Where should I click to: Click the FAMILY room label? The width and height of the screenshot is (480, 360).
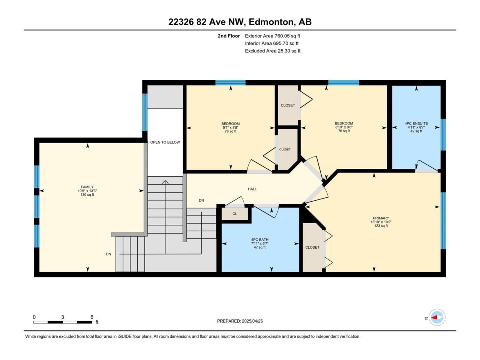(x=87, y=187)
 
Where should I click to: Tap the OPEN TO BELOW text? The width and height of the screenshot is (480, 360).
(x=165, y=142)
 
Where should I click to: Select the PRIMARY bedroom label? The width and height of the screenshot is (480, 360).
(x=381, y=218)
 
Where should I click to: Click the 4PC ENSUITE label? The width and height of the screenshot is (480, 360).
(x=416, y=123)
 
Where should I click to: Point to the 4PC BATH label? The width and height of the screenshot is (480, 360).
(x=259, y=240)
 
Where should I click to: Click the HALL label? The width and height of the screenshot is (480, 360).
(x=252, y=189)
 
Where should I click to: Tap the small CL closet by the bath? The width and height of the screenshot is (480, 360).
(x=235, y=213)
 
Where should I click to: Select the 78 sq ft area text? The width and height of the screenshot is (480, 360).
(x=230, y=131)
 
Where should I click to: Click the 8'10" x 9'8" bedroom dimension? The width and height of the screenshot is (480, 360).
(x=343, y=127)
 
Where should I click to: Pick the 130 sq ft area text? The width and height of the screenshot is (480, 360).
(x=87, y=195)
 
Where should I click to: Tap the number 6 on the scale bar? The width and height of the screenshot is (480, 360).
(x=92, y=317)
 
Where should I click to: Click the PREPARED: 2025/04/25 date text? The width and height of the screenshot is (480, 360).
(x=240, y=321)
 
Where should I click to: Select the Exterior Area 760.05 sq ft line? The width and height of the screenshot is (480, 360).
(x=273, y=36)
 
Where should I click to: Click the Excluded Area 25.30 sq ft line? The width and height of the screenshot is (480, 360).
(x=273, y=51)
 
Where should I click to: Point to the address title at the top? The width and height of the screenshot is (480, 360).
(x=240, y=22)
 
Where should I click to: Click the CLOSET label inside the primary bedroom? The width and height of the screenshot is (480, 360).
(x=312, y=247)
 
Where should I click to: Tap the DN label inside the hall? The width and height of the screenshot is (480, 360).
(x=201, y=200)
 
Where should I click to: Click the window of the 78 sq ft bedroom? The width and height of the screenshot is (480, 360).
(x=230, y=82)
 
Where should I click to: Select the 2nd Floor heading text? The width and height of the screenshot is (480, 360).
(x=229, y=36)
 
